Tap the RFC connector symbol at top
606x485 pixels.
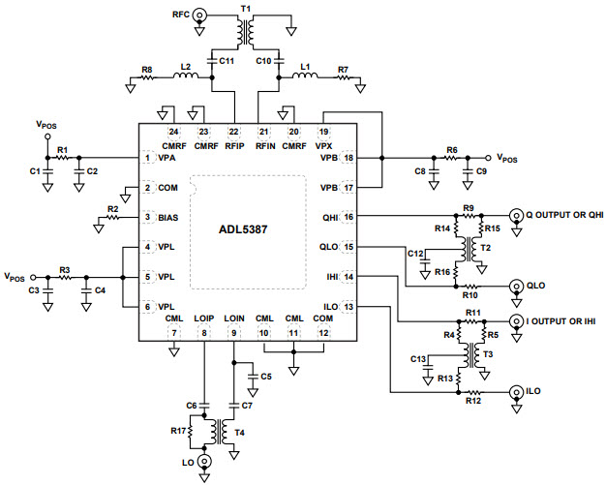[199, 15]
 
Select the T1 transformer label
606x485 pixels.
[246, 8]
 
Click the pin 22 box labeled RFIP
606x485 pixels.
[233, 131]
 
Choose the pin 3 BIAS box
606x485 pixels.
[148, 218]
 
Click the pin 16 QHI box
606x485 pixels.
[348, 218]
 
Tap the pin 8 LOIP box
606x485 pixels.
[203, 333]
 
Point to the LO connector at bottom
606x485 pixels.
[203, 463]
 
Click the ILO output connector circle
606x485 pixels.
[514, 393]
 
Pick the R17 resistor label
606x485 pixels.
[176, 431]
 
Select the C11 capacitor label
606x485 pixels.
[227, 61]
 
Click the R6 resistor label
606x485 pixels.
[451, 149]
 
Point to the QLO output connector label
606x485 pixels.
[537, 287]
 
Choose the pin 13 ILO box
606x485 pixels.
[348, 307]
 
